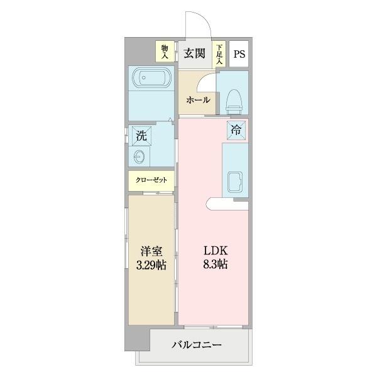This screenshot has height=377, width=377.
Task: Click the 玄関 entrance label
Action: tap(195, 53)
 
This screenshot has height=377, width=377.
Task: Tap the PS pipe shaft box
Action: tap(239, 53)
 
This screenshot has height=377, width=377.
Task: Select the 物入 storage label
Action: tap(164, 51)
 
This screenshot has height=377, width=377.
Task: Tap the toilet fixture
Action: tap(234, 101)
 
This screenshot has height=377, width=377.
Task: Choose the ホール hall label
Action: tap(197, 99)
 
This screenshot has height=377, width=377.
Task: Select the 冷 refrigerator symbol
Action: tap(236, 130)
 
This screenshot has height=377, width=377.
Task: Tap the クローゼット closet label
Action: tap(151, 180)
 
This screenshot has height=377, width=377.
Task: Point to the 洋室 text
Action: tap(151, 250)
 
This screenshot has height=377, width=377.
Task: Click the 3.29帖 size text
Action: tap(151, 265)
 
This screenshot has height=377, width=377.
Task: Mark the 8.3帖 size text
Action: tap(213, 265)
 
